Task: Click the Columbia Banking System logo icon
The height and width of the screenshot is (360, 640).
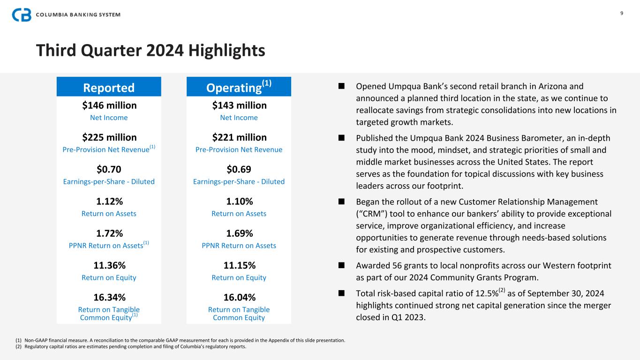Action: (x=22, y=15)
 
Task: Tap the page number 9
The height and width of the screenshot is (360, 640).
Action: (x=622, y=13)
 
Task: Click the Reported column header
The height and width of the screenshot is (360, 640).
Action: (x=109, y=88)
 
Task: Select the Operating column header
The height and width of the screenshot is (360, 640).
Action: (x=239, y=87)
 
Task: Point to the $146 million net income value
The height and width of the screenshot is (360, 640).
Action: (x=109, y=105)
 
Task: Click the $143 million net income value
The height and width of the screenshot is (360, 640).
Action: (x=239, y=105)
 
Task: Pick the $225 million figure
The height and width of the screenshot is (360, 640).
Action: (x=109, y=137)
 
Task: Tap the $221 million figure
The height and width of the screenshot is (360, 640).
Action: (x=239, y=137)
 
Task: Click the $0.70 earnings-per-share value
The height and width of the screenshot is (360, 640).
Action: (x=109, y=169)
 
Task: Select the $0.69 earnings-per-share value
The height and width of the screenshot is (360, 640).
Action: (x=239, y=169)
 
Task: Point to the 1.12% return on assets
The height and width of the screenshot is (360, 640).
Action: (x=109, y=202)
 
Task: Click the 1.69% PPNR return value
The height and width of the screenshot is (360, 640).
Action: (x=239, y=233)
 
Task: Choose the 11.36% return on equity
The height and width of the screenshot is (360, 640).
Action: (x=109, y=265)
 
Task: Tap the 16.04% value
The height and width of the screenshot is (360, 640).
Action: (x=239, y=297)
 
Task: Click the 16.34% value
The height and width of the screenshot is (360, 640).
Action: (x=109, y=297)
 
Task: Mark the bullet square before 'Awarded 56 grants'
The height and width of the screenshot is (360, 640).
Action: (x=341, y=265)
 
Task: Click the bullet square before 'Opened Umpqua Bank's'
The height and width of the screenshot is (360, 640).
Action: (x=341, y=86)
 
